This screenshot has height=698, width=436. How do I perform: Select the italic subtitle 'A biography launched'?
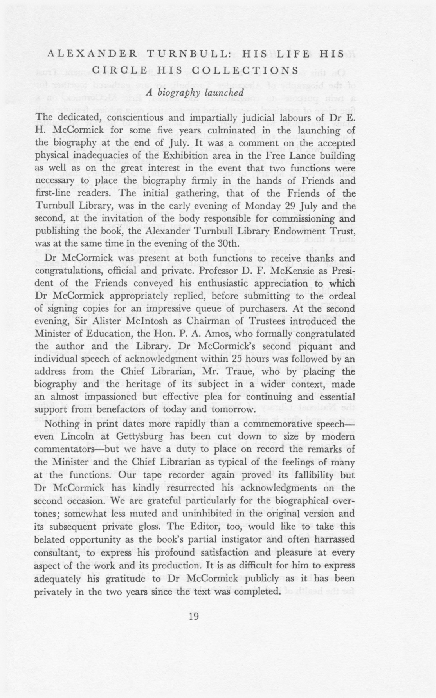[195, 92]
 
